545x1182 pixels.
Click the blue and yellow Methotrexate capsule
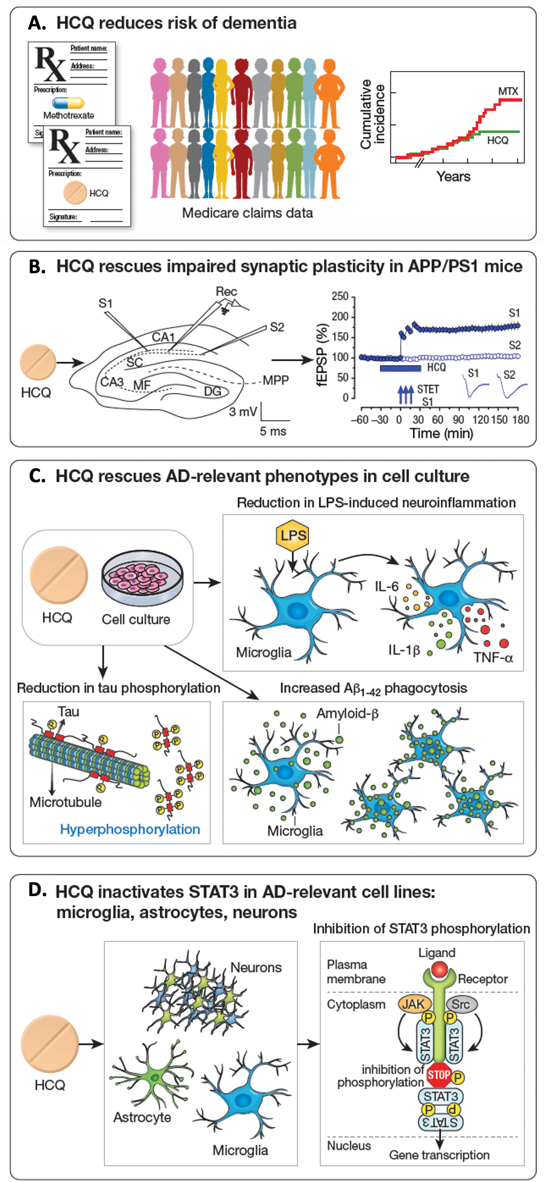coord(68,103)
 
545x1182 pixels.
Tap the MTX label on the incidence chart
coord(508,92)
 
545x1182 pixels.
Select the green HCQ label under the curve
coord(498,141)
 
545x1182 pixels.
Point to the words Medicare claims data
coord(247,213)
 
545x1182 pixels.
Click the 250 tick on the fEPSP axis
coord(340,296)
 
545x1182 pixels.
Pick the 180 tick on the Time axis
coord(520,420)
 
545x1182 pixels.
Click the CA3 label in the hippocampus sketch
coord(112,382)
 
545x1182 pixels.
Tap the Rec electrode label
coord(226,292)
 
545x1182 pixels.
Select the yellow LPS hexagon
coord(293,536)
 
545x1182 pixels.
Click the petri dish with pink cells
coord(142,579)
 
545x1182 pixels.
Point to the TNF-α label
coord(493,658)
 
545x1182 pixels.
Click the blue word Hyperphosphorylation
coord(130,829)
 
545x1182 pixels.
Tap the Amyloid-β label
coord(348,714)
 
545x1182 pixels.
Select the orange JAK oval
coord(414,1004)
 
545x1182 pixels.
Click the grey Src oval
coord(461,1004)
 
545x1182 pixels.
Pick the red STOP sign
coord(439,1075)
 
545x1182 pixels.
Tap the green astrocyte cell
coord(154,1079)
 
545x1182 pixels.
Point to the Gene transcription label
coord(439,1155)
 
